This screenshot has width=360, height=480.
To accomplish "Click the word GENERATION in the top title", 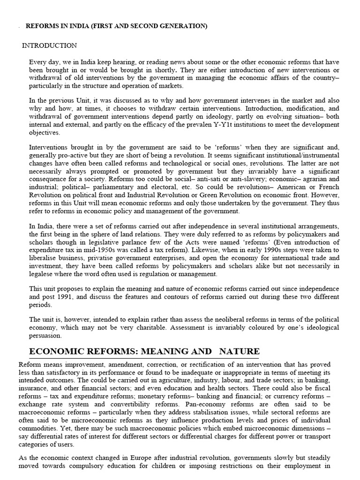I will [182, 26].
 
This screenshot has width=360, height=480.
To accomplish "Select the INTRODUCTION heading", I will [50, 45].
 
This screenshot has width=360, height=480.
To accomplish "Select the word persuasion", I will [46, 335].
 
